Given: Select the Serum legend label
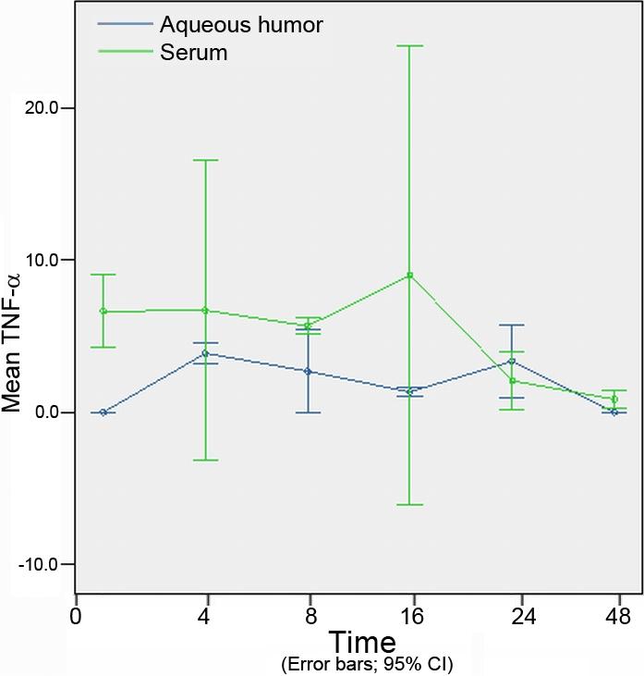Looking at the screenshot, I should pyautogui.click(x=192, y=53).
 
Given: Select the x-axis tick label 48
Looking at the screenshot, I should pyautogui.click(x=618, y=616).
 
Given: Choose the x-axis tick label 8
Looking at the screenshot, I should pyautogui.click(x=310, y=616).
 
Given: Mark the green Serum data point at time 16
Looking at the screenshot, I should pyautogui.click(x=409, y=275).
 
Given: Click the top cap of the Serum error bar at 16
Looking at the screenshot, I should pyautogui.click(x=409, y=45).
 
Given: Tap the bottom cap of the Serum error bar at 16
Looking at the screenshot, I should pyautogui.click(x=409, y=505).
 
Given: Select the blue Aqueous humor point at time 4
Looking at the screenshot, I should pyautogui.click(x=206, y=353).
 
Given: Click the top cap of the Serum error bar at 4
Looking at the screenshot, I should pyautogui.click(x=205, y=160).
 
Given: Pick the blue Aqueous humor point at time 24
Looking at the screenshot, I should pyautogui.click(x=511, y=361).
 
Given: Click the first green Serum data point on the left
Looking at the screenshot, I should pyautogui.click(x=103, y=311).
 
